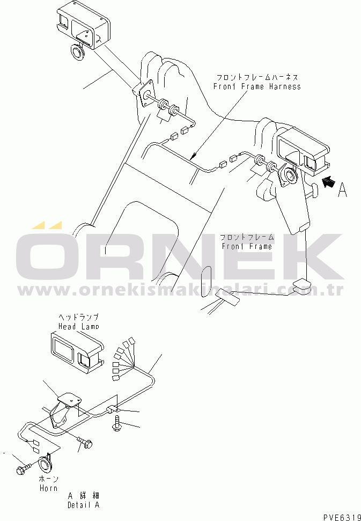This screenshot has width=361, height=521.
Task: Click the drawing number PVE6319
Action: [x=342, y=517]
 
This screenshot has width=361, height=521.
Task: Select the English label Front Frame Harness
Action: [x=257, y=86]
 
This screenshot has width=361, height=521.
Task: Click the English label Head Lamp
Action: [x=78, y=326]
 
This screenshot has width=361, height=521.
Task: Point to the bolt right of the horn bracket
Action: [x=86, y=443]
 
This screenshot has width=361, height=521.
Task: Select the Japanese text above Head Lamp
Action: [x=78, y=318]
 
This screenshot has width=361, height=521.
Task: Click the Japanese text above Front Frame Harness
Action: [x=257, y=77]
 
